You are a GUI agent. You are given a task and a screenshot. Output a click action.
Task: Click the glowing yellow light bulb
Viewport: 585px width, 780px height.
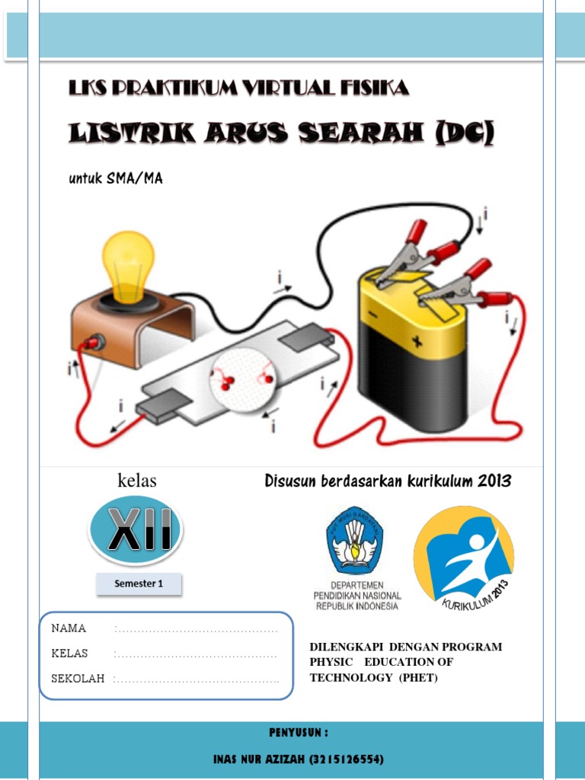pyautogui.click(x=127, y=262)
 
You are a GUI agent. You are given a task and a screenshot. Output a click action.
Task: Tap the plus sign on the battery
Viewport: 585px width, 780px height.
pyautogui.click(x=417, y=341)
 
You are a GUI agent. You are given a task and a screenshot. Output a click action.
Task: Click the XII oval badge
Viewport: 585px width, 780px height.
pyautogui.click(x=135, y=530)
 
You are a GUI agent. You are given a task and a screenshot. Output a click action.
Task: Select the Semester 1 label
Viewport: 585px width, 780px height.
pyautogui.click(x=139, y=584)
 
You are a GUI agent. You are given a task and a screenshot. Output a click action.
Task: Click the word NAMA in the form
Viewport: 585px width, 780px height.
pyautogui.click(x=69, y=628)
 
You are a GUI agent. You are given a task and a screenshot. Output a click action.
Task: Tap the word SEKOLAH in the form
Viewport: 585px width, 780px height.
pyautogui.click(x=78, y=679)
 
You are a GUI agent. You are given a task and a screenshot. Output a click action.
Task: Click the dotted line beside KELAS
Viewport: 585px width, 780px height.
pyautogui.click(x=196, y=654)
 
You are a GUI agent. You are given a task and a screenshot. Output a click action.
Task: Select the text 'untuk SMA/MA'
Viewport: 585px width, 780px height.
pyautogui.click(x=116, y=178)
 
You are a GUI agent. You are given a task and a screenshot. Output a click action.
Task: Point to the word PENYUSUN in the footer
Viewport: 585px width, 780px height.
pyautogui.click(x=298, y=733)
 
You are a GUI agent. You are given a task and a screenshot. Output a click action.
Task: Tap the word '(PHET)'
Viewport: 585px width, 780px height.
pyautogui.click(x=418, y=678)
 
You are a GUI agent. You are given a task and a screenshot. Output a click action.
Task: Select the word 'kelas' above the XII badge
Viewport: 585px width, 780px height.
pyautogui.click(x=136, y=481)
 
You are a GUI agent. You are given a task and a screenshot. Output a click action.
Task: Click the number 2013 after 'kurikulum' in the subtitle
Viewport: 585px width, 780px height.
pyautogui.click(x=495, y=481)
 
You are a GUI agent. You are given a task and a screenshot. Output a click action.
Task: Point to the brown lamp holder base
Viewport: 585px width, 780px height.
pyautogui.click(x=129, y=328)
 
